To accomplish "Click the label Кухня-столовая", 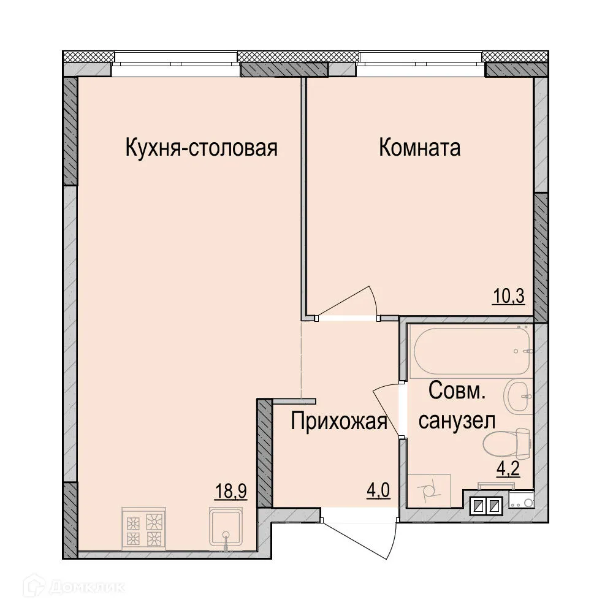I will pos(202,148).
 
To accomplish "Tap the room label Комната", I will pos(419,148).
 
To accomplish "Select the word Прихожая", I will pos(339,422).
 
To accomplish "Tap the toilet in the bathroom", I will pos(506,443).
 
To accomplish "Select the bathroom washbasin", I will pos(519,396).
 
